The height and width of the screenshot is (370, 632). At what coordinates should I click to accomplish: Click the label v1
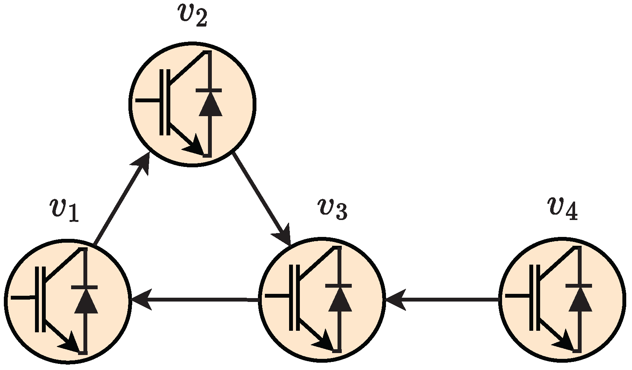(x=64, y=210)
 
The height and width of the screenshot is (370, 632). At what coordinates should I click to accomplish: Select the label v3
(x=333, y=210)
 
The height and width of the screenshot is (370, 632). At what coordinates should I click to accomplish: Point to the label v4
(x=563, y=209)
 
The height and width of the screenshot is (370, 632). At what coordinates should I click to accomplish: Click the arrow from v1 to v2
(x=121, y=200)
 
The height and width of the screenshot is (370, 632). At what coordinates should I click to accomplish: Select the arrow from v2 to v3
(x=261, y=198)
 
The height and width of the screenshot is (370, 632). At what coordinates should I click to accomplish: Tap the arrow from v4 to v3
(x=442, y=299)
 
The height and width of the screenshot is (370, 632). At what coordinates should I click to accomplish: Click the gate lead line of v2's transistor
(x=148, y=101)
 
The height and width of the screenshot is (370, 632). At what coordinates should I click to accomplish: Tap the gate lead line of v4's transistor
(x=517, y=296)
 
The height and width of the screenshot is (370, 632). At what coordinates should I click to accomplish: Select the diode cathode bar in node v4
(x=579, y=286)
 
